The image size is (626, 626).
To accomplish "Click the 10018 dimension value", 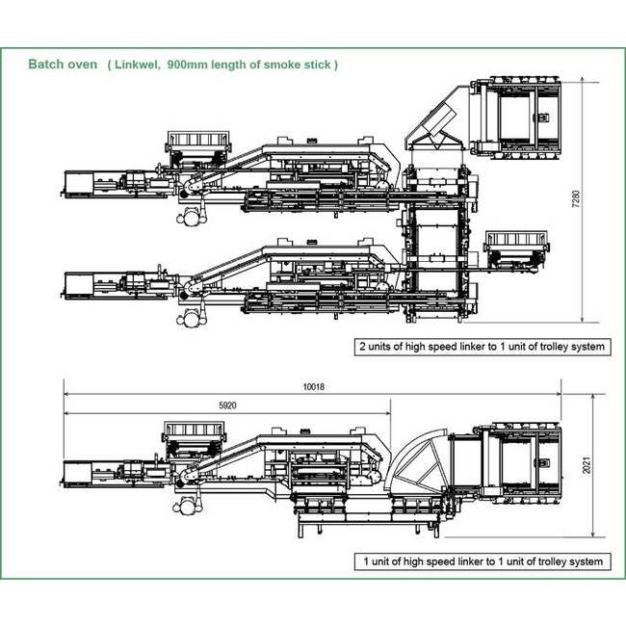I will [x=314, y=387].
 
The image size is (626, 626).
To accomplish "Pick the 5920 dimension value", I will [x=227, y=405].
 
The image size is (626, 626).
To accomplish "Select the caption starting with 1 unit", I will [x=482, y=561].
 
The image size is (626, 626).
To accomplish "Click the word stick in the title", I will [x=320, y=65].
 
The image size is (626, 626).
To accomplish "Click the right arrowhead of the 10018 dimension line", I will [x=559, y=394].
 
